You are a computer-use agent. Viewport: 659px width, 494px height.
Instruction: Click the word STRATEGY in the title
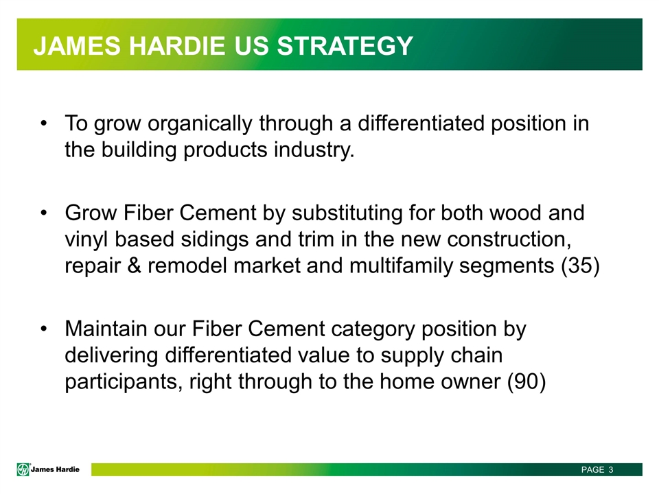345,45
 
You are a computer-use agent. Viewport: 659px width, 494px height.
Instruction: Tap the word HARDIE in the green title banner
177,45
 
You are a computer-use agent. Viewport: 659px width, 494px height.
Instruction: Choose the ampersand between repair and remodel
134,266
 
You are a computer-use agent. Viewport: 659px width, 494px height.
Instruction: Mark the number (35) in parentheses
581,266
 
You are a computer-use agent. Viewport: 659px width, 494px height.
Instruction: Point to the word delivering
111,356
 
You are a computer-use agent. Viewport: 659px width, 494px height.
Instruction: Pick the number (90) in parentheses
527,382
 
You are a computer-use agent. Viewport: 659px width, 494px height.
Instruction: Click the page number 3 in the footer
611,469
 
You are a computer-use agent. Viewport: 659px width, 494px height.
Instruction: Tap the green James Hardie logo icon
23,469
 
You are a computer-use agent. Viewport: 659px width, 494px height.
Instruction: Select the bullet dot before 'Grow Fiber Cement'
44,213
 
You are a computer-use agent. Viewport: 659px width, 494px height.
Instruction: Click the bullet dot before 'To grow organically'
44,123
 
